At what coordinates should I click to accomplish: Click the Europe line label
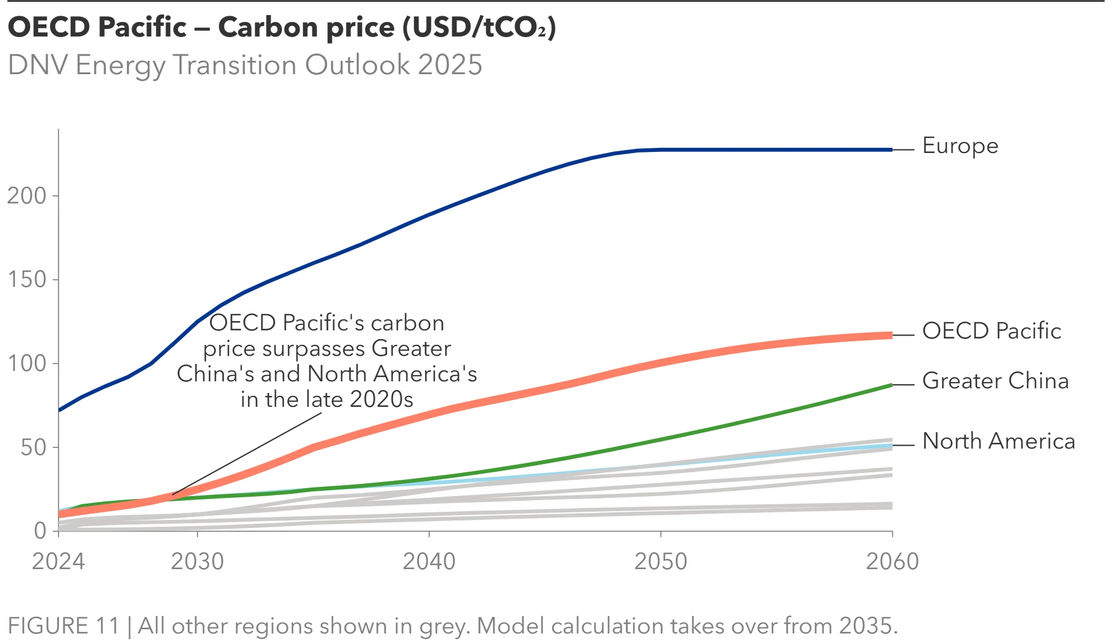click(960, 146)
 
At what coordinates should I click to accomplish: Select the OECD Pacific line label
click(991, 331)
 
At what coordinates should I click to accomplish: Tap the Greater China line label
click(995, 381)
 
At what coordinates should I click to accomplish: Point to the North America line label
click(998, 441)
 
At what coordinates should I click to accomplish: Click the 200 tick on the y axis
click(27, 196)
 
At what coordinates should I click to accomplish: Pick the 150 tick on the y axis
click(27, 279)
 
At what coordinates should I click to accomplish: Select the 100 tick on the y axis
click(27, 363)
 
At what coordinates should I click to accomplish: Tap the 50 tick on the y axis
click(33, 447)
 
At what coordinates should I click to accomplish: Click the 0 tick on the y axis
click(40, 531)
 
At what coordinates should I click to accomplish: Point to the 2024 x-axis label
click(58, 561)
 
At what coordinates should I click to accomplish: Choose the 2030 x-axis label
click(197, 561)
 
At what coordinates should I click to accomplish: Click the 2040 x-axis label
click(429, 561)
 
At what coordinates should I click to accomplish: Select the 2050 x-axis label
click(660, 561)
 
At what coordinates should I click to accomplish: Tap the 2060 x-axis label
click(892, 561)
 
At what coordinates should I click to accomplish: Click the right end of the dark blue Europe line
click(891, 150)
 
